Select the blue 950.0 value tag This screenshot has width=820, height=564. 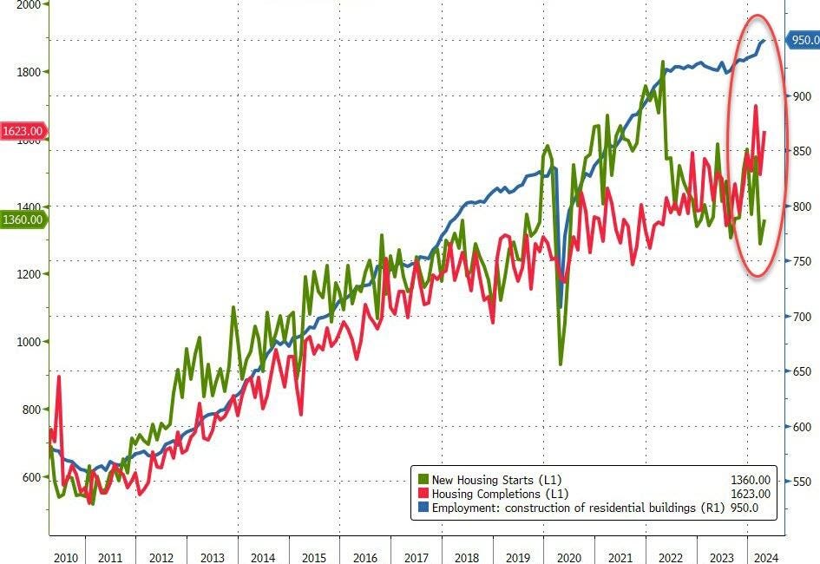click(804, 40)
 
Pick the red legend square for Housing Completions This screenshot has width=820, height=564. click(423, 494)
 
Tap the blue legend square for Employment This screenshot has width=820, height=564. click(423, 508)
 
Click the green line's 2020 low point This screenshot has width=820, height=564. click(561, 364)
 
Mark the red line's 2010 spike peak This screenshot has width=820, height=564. click(59, 377)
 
